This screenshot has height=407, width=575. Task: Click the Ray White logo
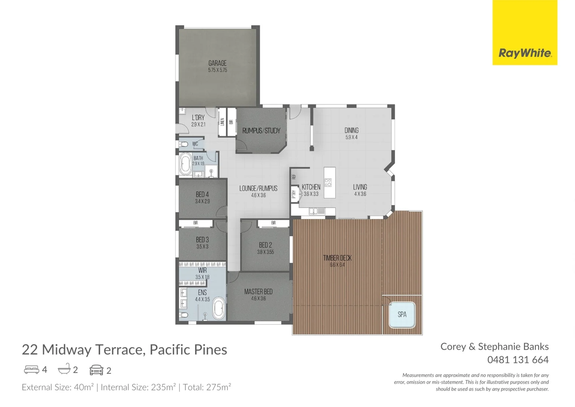click(x=525, y=53)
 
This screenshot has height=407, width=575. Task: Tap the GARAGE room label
click(x=218, y=63)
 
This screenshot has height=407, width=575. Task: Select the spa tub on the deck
click(x=402, y=314)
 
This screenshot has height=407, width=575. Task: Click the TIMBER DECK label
click(x=337, y=258)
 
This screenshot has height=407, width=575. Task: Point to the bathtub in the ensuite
click(x=219, y=308)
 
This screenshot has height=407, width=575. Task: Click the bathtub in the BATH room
click(x=185, y=164)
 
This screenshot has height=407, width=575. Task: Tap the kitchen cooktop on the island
click(x=328, y=183)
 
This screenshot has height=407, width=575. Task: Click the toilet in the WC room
click(x=184, y=144)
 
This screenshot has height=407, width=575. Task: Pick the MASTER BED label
click(x=258, y=292)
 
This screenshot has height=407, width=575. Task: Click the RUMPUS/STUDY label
click(x=261, y=131)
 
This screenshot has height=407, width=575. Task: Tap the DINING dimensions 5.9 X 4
click(x=351, y=138)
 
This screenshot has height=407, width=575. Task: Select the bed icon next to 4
click(x=31, y=370)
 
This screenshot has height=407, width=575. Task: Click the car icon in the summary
click(x=96, y=370)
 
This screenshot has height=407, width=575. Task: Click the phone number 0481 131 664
click(x=518, y=360)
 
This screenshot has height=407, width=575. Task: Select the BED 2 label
click(x=265, y=245)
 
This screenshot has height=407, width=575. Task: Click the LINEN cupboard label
click(x=222, y=122)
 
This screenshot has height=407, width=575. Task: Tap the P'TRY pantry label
click(x=294, y=194)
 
